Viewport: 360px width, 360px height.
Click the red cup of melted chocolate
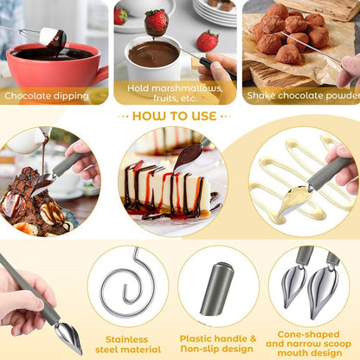[55, 69]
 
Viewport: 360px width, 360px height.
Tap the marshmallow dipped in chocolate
[53, 39]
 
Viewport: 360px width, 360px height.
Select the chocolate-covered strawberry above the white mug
[156, 22]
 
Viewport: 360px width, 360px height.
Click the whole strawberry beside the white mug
[208, 41]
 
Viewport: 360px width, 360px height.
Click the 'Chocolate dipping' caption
[47, 96]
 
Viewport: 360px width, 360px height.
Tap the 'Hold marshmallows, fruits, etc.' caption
[175, 93]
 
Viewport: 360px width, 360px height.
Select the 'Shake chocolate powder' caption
[303, 95]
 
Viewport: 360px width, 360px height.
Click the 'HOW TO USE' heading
[175, 116]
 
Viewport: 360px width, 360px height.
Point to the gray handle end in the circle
[217, 289]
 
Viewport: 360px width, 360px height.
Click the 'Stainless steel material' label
[128, 344]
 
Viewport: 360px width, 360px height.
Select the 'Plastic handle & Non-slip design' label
[218, 344]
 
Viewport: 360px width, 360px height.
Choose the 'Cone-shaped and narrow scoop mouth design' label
[308, 344]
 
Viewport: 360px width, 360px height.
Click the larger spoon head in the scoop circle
[322, 292]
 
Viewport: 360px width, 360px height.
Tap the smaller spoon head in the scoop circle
[294, 286]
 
